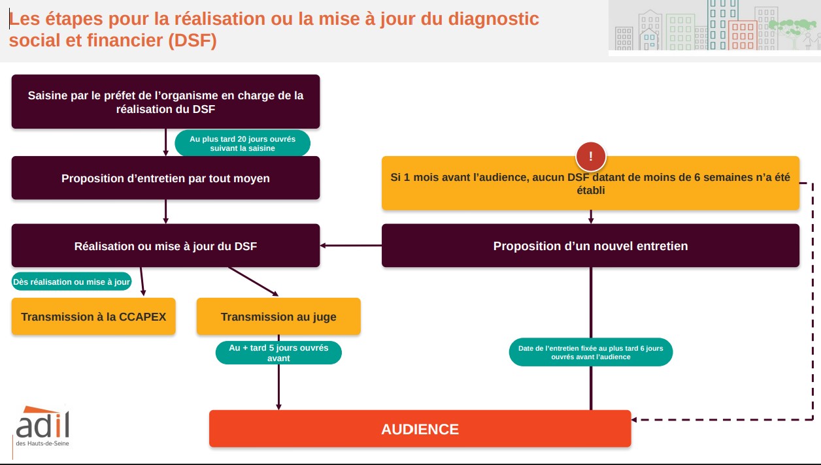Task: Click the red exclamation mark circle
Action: (590, 156)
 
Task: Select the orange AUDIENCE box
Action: (420, 428)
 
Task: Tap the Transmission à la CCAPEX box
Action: (93, 316)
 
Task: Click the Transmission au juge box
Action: (278, 316)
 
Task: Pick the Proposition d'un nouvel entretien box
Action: (590, 246)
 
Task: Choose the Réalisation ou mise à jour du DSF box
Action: (165, 246)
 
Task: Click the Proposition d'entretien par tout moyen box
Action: (165, 178)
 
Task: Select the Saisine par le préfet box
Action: (165, 102)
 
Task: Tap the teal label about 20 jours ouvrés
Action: (243, 143)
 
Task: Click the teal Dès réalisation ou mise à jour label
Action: (71, 281)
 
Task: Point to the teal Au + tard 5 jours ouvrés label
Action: (278, 353)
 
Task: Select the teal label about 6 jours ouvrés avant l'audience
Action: (590, 352)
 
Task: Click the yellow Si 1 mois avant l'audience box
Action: (590, 184)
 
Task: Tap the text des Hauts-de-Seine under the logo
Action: (42, 443)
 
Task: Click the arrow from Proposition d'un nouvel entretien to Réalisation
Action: (351, 246)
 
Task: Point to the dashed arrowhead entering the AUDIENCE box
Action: (634, 419)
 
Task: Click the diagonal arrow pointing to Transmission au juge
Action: (253, 281)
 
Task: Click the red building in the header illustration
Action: (743, 35)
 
